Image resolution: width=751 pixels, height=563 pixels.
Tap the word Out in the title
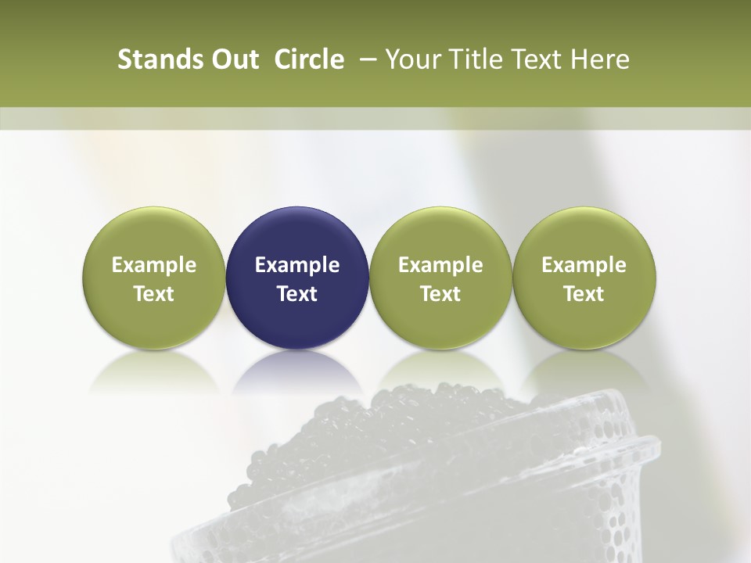coord(234,60)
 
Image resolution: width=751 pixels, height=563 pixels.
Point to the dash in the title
coord(365,60)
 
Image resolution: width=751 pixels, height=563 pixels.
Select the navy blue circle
coord(297,235)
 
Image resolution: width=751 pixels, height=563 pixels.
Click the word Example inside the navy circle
coord(297,265)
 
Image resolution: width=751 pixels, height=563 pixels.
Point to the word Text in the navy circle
coord(297,294)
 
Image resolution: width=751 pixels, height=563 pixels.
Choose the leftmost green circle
coord(154,235)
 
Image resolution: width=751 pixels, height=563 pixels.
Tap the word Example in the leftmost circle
coord(154,265)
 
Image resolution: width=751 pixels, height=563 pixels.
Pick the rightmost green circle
coord(584,235)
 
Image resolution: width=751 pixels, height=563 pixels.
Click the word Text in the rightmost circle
coord(584,294)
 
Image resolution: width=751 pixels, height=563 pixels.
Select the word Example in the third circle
coord(440,265)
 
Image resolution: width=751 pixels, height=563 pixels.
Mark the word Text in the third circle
coord(440,294)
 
